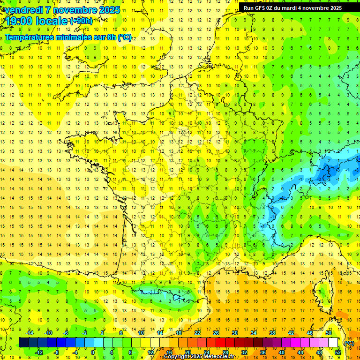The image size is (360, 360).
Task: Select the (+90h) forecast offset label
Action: click(81, 21)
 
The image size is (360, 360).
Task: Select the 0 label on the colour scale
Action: click(92, 352)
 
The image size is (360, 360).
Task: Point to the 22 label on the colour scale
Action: click(197, 333)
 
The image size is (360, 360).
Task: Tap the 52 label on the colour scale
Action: click(337, 352)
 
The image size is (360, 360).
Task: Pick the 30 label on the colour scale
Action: click(235, 333)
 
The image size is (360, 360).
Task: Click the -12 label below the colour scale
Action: click(39, 352)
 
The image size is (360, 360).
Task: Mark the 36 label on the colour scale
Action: click(262, 352)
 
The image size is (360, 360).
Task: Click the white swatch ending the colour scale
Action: click(333, 342)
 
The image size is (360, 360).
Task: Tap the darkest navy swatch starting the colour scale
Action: click(23, 342)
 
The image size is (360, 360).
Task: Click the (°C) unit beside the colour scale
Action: click(349, 343)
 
